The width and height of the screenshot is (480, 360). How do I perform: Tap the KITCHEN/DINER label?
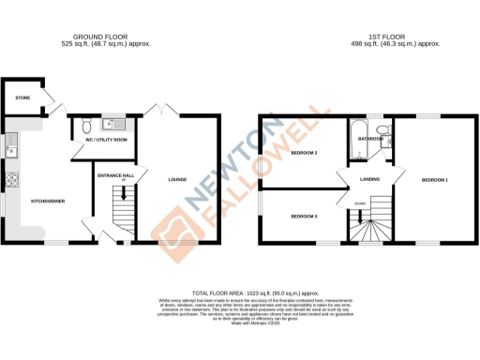coord(47,200)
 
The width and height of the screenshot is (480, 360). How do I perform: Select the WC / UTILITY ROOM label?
coord(106,140)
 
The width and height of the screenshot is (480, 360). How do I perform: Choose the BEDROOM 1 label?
coord(434,179)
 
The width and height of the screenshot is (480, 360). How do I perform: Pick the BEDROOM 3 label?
coord(304,217)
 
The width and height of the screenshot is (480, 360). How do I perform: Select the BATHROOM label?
coord(369,139)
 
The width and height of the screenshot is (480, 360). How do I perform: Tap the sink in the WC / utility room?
coord(108,123)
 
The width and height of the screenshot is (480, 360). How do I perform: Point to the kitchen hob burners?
coord(12,180)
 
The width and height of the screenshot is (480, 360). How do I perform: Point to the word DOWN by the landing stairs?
coord(360,202)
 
